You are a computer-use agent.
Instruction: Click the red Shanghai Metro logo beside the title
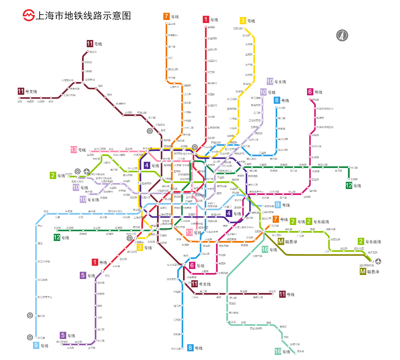click(x=28, y=15)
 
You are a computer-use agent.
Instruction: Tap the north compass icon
click(x=342, y=35)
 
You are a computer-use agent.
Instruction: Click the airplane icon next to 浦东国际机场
click(x=378, y=261)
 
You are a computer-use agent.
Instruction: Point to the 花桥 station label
click(x=20, y=102)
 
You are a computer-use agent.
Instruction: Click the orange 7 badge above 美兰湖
click(x=166, y=16)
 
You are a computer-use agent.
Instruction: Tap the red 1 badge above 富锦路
click(x=206, y=19)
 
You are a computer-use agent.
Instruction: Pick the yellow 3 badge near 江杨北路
click(x=243, y=21)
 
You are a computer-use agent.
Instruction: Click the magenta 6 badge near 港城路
click(x=310, y=92)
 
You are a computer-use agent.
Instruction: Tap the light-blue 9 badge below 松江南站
click(x=36, y=346)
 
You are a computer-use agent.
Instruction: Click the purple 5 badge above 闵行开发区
click(x=63, y=335)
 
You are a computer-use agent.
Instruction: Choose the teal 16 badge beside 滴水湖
click(x=278, y=351)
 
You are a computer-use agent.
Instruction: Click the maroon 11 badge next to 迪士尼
click(x=282, y=294)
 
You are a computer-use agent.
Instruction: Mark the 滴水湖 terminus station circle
click(x=295, y=354)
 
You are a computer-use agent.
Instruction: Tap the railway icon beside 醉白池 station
click(x=30, y=315)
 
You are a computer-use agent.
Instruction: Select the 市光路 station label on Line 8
click(x=282, y=108)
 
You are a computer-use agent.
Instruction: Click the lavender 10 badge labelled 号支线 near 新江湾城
click(x=270, y=81)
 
